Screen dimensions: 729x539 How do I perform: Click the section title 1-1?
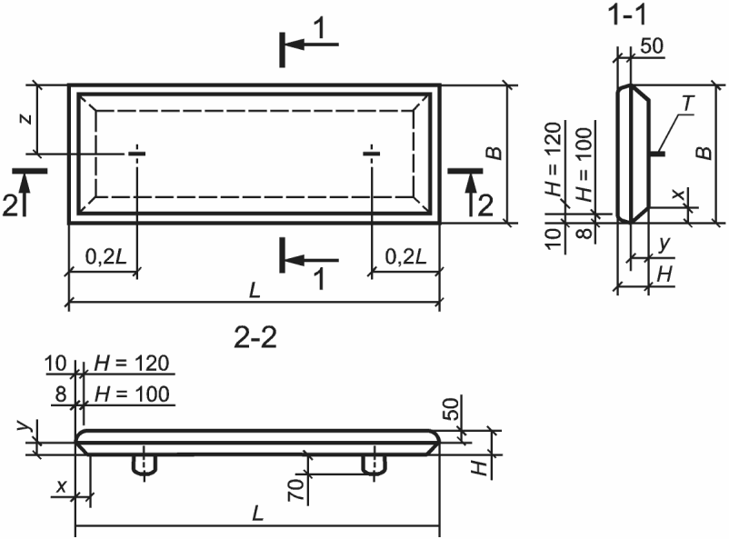tap(626, 15)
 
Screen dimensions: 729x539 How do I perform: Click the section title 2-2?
tap(255, 337)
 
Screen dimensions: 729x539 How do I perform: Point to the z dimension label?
tap(26, 119)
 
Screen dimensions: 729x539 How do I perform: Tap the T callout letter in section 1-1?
tap(689, 105)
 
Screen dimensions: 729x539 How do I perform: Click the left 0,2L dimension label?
tap(106, 256)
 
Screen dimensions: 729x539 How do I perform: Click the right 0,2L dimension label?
tap(406, 256)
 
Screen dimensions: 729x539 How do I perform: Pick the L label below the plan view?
tap(255, 291)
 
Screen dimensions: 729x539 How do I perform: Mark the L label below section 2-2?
tap(257, 514)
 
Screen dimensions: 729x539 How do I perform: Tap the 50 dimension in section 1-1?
tap(653, 47)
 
